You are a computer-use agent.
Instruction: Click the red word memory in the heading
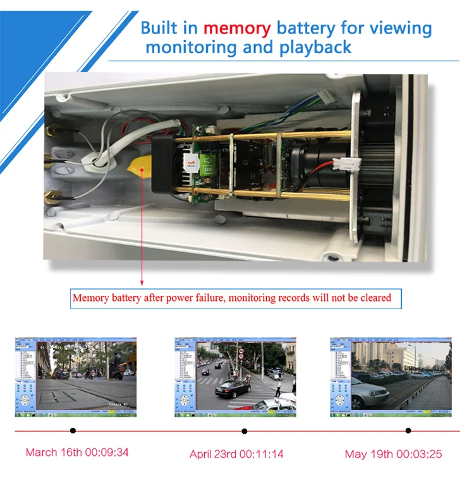(237, 28)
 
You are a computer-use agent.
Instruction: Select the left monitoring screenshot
(75, 376)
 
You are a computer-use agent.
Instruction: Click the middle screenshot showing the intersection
(235, 376)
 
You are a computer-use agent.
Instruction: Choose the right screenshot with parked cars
(391, 376)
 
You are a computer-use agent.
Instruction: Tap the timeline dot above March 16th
(73, 431)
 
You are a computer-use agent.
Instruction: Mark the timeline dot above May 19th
(408, 431)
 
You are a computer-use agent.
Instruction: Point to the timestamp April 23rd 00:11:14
(236, 454)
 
